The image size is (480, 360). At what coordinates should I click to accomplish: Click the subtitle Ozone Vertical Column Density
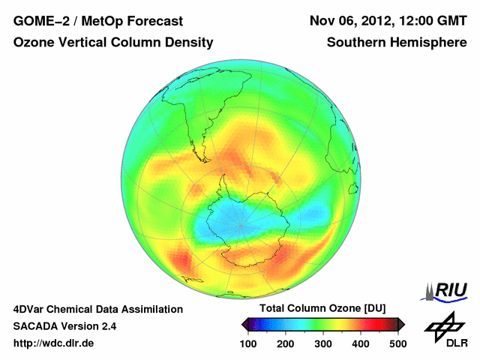112,43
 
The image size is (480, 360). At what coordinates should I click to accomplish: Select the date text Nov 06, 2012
353,20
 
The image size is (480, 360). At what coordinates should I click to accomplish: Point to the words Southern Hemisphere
397,43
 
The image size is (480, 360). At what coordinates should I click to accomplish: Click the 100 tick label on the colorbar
248,343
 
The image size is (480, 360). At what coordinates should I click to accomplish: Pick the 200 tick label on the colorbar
286,343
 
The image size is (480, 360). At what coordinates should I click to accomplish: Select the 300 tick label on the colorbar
323,343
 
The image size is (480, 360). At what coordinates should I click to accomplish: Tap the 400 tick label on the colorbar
361,343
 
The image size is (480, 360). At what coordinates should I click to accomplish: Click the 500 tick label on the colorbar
397,343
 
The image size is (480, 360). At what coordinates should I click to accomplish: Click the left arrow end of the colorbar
245,324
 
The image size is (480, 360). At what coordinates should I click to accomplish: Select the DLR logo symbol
445,326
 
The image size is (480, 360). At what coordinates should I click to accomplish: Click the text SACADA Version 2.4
64,326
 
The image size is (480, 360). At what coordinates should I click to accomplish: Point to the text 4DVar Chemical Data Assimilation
97,309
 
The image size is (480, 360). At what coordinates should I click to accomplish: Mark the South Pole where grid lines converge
240,225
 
